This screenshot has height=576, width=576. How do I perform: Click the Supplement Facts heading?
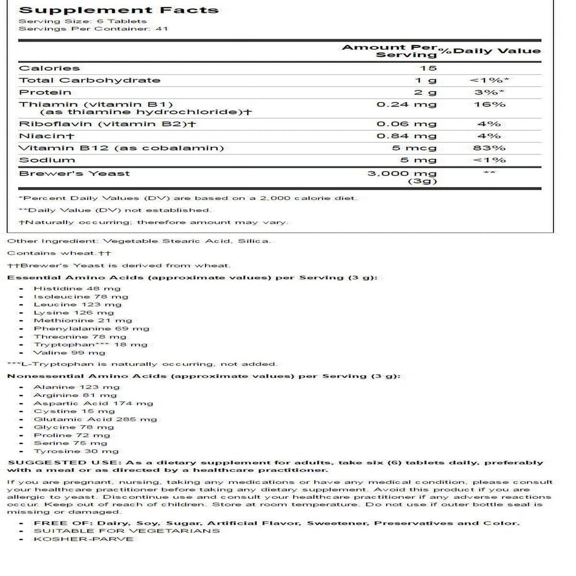pos(119,10)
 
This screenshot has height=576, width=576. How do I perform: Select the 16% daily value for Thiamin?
pos(495,104)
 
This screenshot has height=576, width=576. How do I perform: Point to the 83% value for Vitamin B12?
pos(495,148)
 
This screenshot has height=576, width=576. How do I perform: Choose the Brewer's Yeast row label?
pos(75,173)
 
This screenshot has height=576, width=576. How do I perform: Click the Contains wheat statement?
pos(59,253)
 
